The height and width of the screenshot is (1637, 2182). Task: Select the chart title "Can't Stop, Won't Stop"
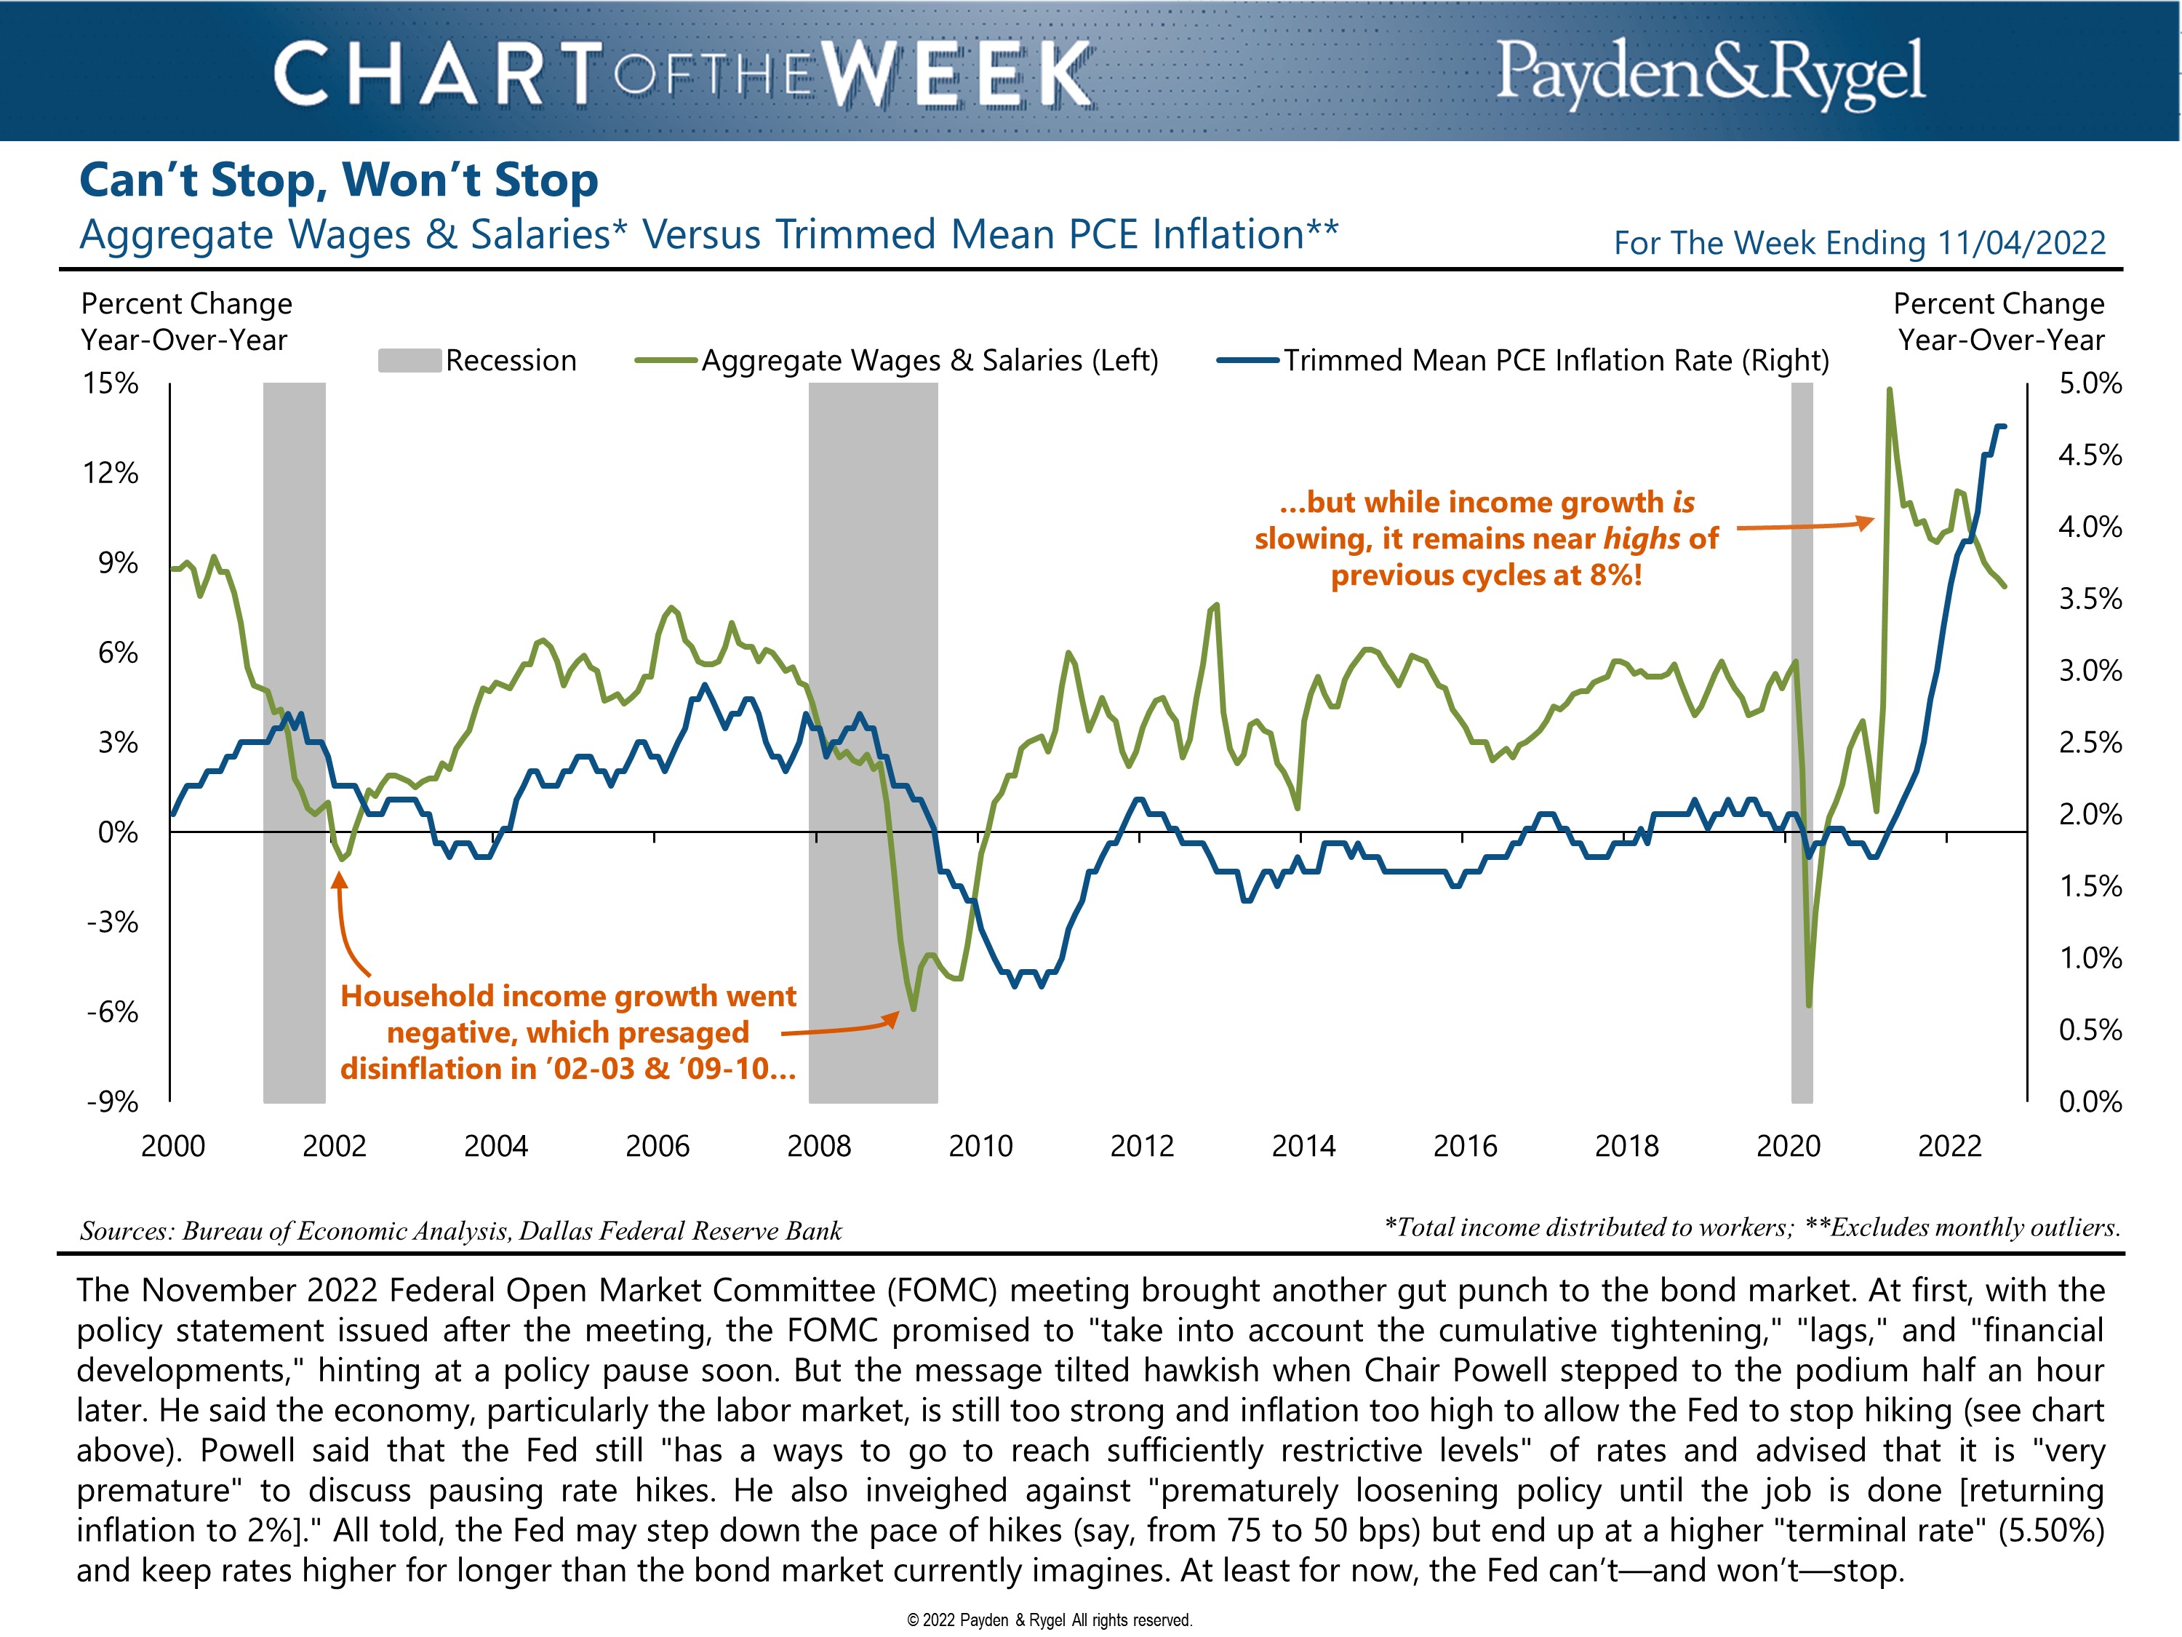point(338,180)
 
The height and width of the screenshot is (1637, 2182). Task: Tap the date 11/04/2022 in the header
point(2021,243)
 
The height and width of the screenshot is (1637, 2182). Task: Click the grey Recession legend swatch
point(409,360)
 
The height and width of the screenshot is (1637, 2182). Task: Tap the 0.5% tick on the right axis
point(2090,1029)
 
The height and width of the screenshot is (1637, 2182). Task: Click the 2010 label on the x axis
point(980,1146)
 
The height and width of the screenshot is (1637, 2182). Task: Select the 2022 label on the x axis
point(1949,1146)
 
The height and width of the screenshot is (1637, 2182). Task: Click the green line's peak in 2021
point(1889,390)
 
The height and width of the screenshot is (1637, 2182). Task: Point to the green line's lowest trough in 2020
point(1808,1005)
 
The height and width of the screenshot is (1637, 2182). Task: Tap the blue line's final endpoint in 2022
point(2005,426)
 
